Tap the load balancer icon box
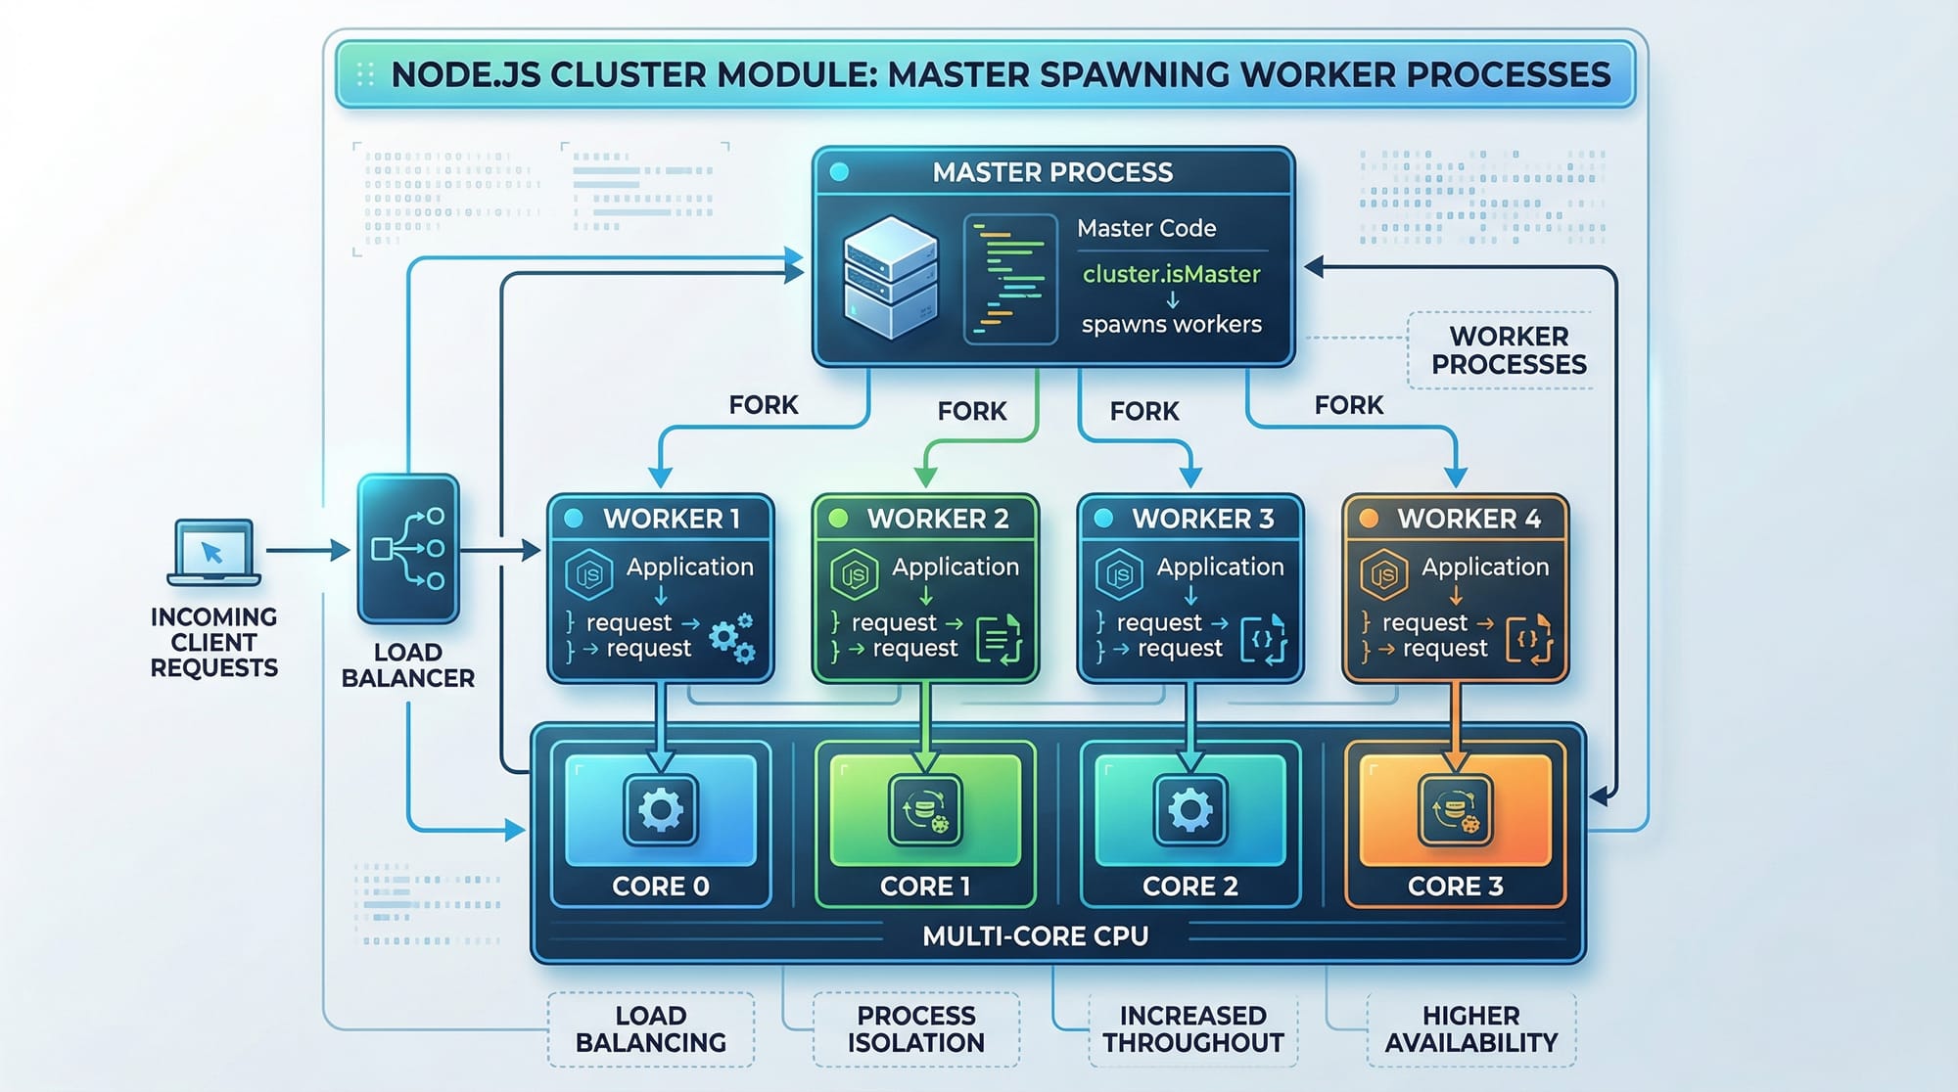coord(408,549)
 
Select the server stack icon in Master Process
coord(890,278)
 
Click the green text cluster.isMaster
coord(1171,274)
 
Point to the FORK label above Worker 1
coord(764,405)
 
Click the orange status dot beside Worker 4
coord(1370,519)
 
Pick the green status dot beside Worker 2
coord(838,519)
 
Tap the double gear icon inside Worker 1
coord(731,638)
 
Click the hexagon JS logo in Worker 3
coord(1119,575)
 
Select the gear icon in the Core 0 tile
coord(661,810)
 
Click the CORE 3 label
coord(1455,887)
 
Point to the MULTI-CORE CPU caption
coord(1035,936)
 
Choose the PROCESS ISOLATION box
coord(915,1029)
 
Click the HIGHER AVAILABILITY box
coord(1470,1029)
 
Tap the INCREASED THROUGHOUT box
coord(1192,1029)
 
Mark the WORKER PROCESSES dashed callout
coord(1508,350)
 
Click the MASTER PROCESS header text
coord(1052,172)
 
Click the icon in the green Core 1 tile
coord(925,810)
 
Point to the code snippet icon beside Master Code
coord(1010,279)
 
